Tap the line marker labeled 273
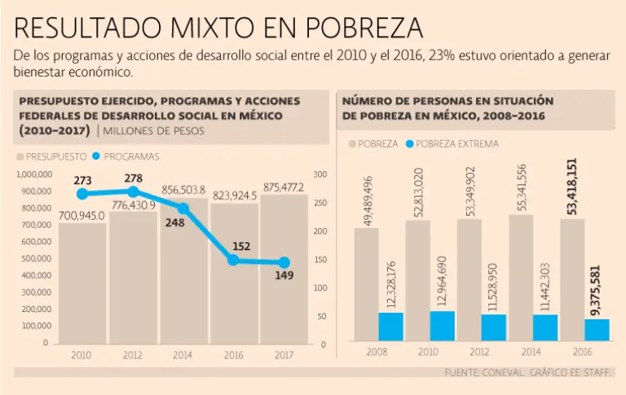point(82,194)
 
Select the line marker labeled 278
point(133,191)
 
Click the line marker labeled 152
point(234,260)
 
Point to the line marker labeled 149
point(284,262)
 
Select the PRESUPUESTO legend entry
point(53,156)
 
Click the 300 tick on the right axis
point(320,174)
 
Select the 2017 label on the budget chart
point(284,355)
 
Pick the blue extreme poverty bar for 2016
point(597,330)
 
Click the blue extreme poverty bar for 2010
point(443,326)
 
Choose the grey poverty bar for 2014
point(522,277)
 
